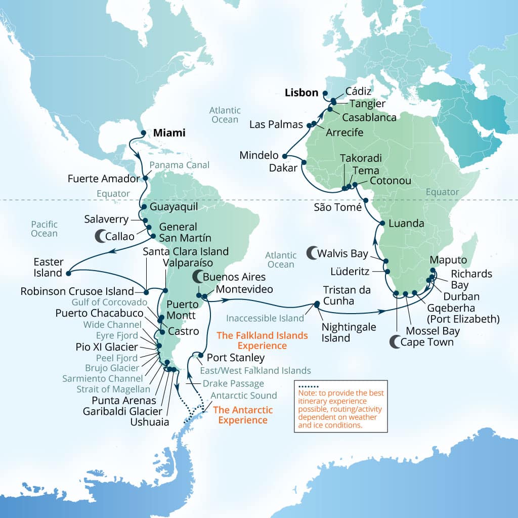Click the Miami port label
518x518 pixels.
click(x=169, y=134)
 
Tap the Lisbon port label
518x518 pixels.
click(x=301, y=93)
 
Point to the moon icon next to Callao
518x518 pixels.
click(x=101, y=235)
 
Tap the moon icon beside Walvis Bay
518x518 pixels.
click(x=313, y=252)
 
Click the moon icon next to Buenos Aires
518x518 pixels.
click(x=196, y=277)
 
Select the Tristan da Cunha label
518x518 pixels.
click(x=347, y=296)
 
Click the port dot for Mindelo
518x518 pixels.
click(x=285, y=156)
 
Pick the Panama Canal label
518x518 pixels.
click(x=180, y=165)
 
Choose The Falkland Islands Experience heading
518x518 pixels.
click(x=262, y=340)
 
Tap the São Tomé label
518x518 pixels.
click(x=337, y=207)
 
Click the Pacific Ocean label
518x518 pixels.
click(x=44, y=229)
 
